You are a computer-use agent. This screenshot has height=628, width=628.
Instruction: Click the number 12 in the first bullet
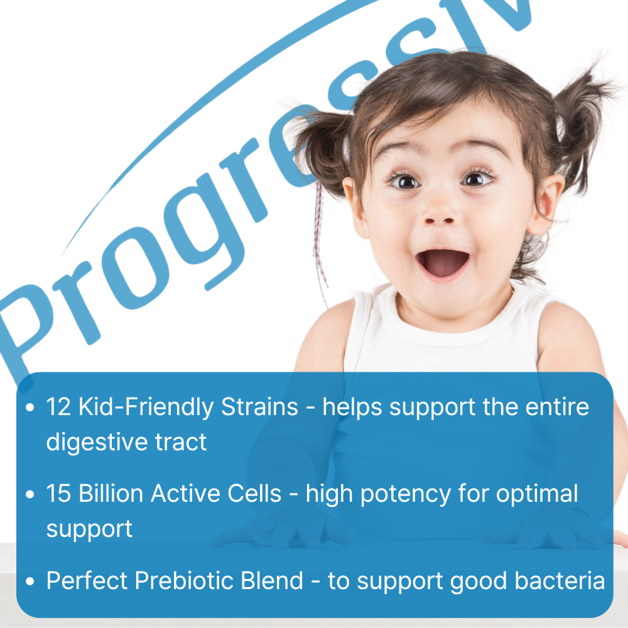[x=58, y=407]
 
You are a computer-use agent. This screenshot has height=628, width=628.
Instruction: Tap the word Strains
[x=259, y=407]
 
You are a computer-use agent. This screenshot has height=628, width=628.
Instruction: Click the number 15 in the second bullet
[x=58, y=494]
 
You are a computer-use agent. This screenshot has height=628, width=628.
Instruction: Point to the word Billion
[x=111, y=494]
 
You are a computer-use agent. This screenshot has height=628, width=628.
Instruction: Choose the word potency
[x=405, y=495]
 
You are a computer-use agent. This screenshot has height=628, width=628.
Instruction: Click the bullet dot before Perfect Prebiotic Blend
[x=30, y=582]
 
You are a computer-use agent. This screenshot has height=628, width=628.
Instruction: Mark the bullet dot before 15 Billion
[x=30, y=495]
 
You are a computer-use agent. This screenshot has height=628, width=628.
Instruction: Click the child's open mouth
[x=443, y=263]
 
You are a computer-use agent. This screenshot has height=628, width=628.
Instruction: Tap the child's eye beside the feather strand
[x=404, y=182]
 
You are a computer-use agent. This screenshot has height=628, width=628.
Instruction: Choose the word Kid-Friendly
[x=146, y=407]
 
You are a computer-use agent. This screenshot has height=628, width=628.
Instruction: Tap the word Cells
[x=254, y=494]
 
